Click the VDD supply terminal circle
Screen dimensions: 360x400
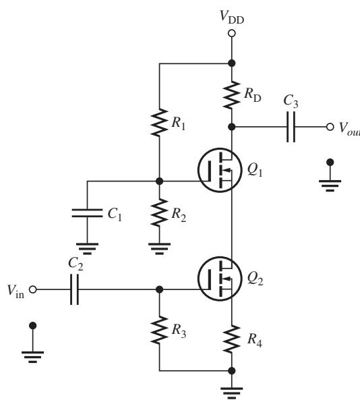231,34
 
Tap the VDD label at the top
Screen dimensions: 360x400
232,18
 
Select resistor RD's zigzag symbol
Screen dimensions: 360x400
231,94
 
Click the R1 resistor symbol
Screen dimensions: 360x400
159,123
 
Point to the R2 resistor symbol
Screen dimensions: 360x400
159,212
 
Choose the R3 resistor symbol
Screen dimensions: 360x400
159,330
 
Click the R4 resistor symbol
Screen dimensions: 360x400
231,339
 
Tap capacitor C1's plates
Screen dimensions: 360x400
87,213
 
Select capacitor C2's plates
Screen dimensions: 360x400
74,289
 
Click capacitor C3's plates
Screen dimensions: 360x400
291,127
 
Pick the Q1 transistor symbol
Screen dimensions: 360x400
220,170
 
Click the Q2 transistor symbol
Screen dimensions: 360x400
220,279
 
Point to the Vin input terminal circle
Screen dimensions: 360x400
32,289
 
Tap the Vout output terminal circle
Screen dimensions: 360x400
330,127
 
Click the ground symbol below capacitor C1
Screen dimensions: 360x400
87,249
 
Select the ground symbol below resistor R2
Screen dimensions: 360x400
159,249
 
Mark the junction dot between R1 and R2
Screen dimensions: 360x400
159,181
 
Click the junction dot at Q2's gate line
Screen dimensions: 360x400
159,289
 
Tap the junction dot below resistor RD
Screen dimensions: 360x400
231,127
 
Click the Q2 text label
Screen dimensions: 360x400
255,279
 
